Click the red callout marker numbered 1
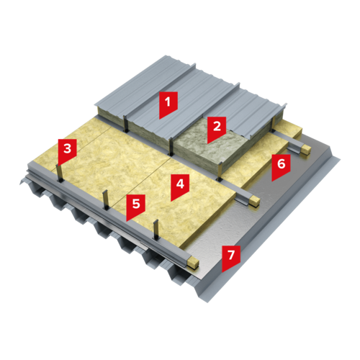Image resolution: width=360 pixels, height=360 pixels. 168,105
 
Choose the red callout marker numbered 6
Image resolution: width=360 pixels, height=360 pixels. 281,167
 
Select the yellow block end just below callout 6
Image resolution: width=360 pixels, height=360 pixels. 254,201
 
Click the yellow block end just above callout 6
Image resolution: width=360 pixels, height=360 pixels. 307,149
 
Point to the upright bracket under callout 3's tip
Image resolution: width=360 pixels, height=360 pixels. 59,174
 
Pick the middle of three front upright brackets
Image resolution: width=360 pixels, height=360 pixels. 105,199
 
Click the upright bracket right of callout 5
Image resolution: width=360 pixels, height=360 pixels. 156,230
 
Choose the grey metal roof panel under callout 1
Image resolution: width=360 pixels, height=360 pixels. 168,101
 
